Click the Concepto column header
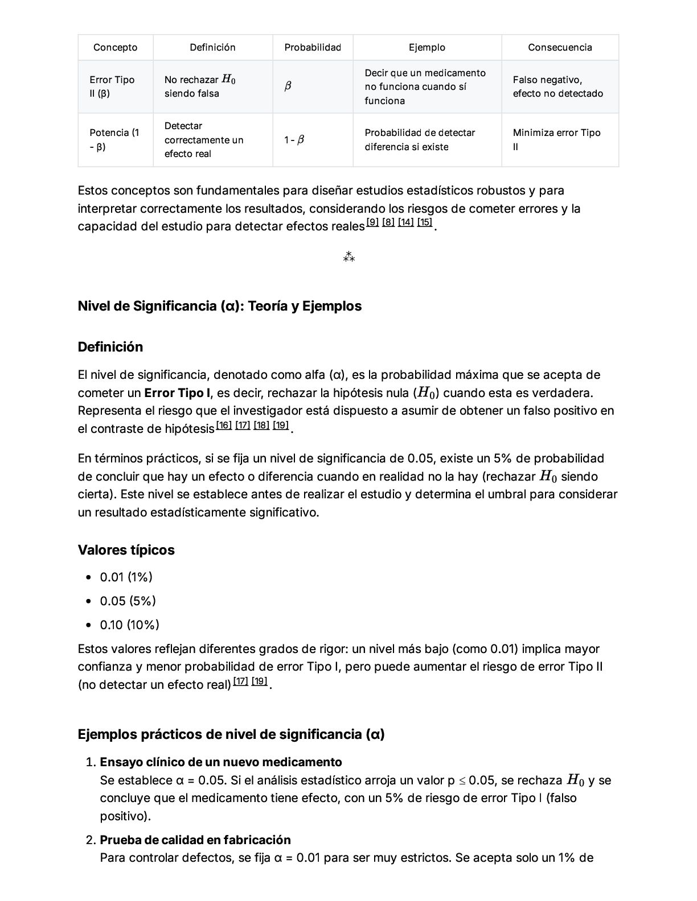(x=115, y=47)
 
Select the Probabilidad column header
(x=313, y=47)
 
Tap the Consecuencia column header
(x=560, y=47)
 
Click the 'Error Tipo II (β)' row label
(x=112, y=86)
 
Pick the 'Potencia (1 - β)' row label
(x=114, y=139)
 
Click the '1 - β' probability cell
(x=294, y=139)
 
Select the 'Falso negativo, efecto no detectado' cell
(x=557, y=86)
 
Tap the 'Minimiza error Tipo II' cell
(x=556, y=139)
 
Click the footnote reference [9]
(x=372, y=222)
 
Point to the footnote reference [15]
(x=424, y=222)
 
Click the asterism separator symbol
(x=348, y=258)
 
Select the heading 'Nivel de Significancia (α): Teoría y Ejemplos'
(x=219, y=306)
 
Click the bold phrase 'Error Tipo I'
(x=177, y=393)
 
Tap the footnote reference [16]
(x=224, y=425)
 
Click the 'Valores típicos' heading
(x=126, y=550)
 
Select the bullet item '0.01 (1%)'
(x=126, y=577)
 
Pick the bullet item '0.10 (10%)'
(x=129, y=625)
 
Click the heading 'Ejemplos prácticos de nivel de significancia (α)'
(x=231, y=734)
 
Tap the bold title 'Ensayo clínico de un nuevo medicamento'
(x=221, y=762)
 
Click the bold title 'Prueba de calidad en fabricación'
(x=195, y=840)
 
